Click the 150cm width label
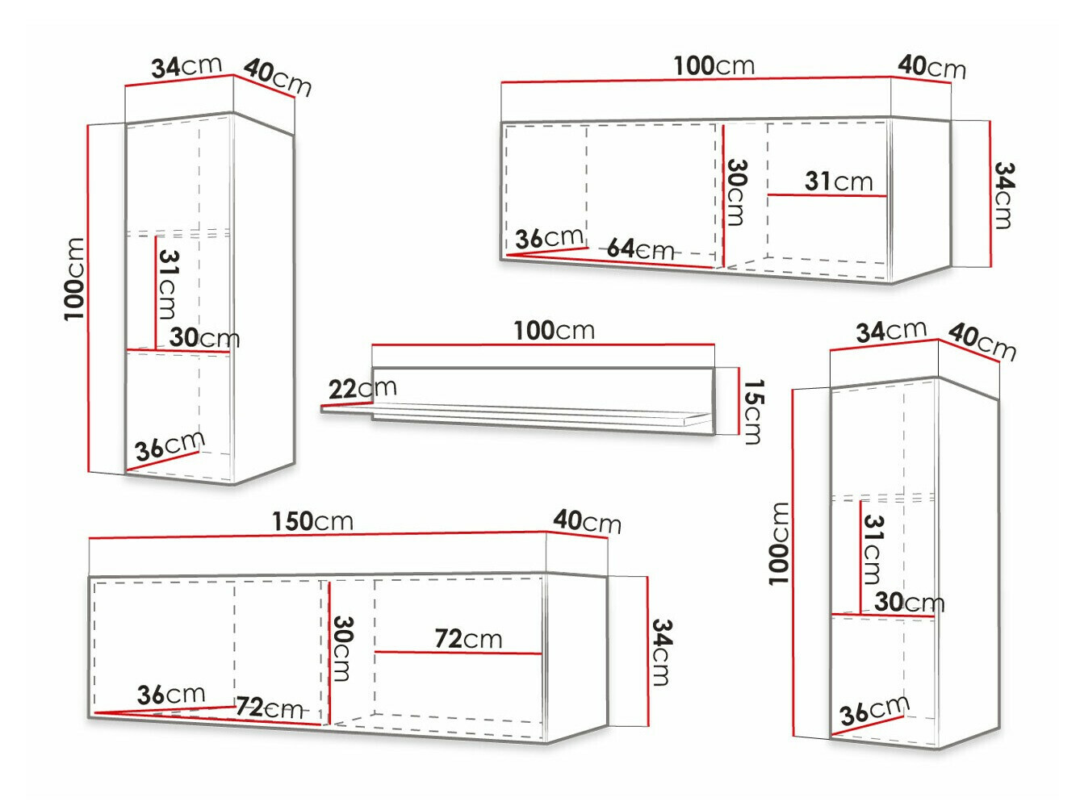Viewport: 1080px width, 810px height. tap(313, 522)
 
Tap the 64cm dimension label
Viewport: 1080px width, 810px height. tap(640, 249)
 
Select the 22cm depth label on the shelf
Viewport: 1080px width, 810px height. tap(362, 389)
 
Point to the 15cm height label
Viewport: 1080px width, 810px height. tap(752, 411)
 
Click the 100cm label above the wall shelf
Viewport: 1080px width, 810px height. tap(554, 331)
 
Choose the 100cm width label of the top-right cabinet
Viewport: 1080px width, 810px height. tap(714, 66)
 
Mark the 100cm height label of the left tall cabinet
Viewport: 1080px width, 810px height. tap(74, 279)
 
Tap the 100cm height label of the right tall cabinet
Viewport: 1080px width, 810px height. tap(779, 544)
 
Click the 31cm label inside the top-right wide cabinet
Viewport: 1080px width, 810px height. tap(839, 182)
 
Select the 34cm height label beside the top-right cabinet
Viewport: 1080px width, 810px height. tap(1004, 196)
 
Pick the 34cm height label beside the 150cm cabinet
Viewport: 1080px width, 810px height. tap(662, 652)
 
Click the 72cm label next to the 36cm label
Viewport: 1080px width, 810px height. tap(269, 708)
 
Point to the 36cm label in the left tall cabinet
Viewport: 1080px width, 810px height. tap(170, 445)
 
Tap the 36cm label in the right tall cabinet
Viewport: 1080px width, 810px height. tap(874, 710)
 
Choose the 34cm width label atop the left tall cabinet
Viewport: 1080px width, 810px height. tap(186, 67)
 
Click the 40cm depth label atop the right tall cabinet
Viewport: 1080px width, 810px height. tap(982, 341)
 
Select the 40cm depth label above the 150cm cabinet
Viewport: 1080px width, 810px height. tap(587, 522)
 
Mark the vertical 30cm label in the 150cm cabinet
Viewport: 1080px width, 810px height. tap(342, 649)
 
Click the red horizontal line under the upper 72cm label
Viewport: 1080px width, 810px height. tap(458, 653)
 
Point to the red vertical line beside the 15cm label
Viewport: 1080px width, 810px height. tap(739, 401)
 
